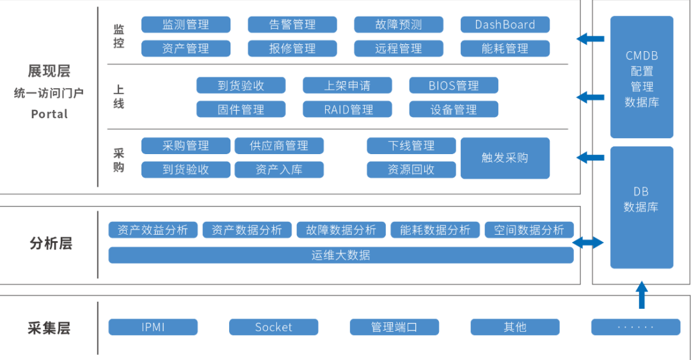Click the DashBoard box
[x=505, y=25]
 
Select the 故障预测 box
[x=399, y=25]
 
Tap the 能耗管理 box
[x=505, y=49]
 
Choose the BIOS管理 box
[x=454, y=86]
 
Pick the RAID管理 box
[x=347, y=109]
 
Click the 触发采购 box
[x=505, y=158]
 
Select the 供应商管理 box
[x=279, y=146]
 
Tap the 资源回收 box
[x=411, y=169]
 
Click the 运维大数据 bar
[x=340, y=255]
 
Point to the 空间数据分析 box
[x=528, y=230]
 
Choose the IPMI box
[x=153, y=327]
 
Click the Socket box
[x=273, y=327]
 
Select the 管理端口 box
[x=394, y=327]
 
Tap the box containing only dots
[x=635, y=327]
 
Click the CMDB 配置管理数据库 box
[x=642, y=77]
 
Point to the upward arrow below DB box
[x=642, y=296]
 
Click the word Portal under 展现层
[x=49, y=114]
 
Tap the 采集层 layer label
[x=49, y=329]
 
